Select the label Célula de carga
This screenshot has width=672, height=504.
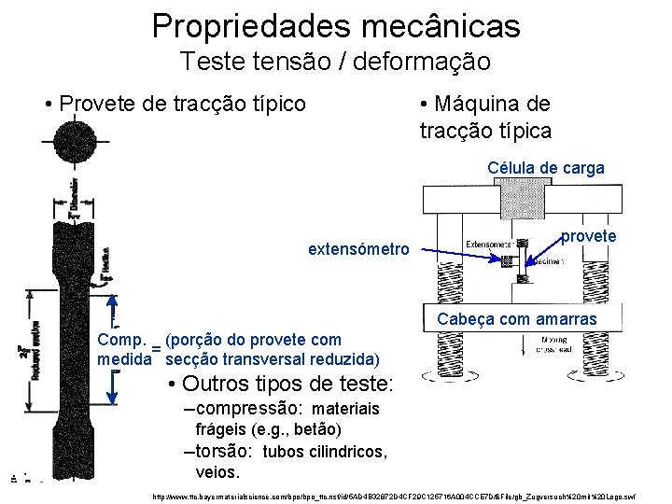pos(546,168)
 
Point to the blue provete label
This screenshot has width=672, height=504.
pos(588,236)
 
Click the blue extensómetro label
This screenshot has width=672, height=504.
pos(358,249)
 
